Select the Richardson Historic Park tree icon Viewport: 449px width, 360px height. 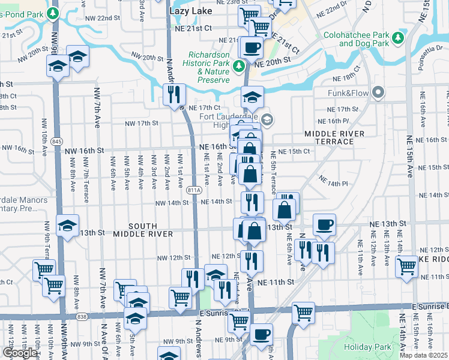coord(239,65)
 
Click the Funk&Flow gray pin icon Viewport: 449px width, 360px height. coord(378,92)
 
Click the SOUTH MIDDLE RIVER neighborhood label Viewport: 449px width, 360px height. coord(143,233)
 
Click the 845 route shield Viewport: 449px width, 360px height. coord(57,141)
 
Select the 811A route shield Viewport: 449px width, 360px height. coord(193,190)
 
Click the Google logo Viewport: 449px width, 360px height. coord(19,353)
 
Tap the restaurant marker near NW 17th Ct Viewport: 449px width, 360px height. coord(174,94)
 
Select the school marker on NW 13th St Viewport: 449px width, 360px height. coord(67,226)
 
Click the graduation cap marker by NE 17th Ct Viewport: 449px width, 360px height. coord(253,96)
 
